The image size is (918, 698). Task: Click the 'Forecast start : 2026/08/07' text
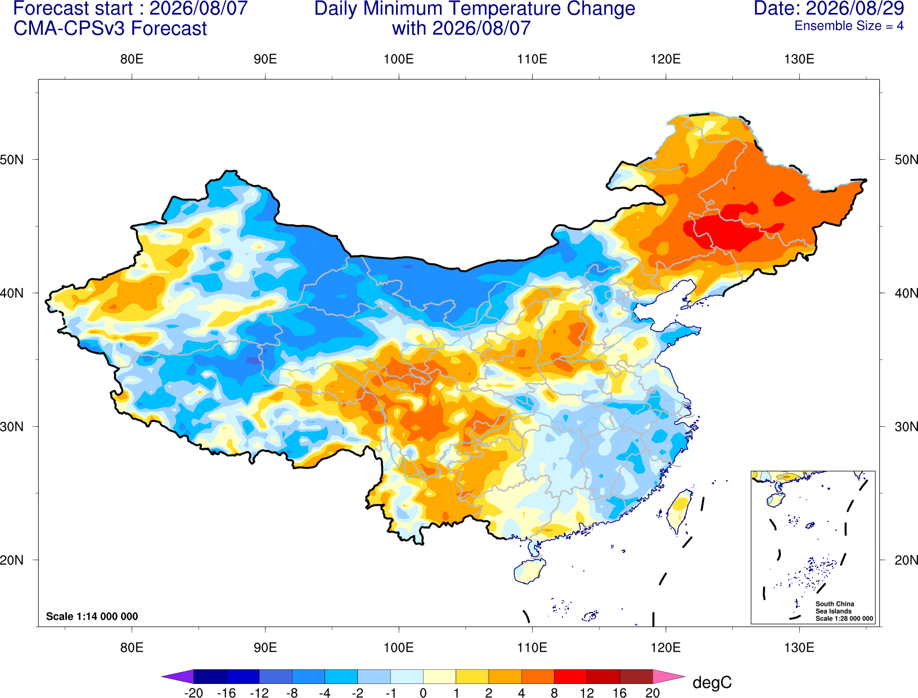coord(130,8)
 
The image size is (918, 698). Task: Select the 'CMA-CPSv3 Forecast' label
coord(110,29)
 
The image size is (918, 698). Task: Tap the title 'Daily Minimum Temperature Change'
coord(475,8)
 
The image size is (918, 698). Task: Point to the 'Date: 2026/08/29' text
coord(829,8)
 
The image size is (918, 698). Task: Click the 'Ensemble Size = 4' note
coord(849,26)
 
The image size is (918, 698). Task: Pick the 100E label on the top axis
coord(399,59)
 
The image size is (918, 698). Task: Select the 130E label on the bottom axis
coord(799,648)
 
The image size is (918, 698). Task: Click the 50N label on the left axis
coord(12,160)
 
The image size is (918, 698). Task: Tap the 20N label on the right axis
coord(906,560)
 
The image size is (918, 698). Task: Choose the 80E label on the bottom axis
coord(132,648)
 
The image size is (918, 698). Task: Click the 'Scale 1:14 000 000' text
coord(92,616)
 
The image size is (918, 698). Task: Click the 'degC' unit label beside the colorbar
coord(712,682)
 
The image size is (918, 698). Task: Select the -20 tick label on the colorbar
coord(193,693)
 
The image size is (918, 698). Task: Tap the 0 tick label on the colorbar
coord(423,693)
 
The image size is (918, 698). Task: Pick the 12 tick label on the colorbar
coord(587,693)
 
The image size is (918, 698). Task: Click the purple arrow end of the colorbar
coord(177,676)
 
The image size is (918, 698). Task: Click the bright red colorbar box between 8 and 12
coord(570,676)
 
